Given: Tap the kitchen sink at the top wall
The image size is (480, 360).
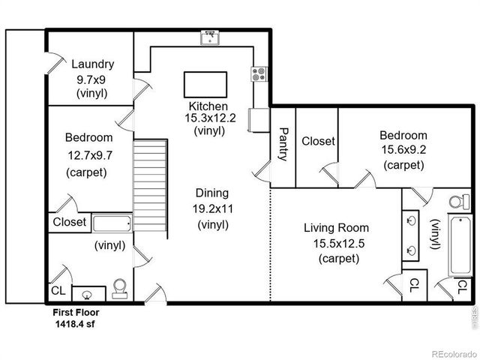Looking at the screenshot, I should coord(210,36).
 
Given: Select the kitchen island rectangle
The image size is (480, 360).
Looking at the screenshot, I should coord(205,81).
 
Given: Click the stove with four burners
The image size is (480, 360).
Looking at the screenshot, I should coord(259,74).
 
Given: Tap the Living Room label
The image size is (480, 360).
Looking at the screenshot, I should coord(335,227).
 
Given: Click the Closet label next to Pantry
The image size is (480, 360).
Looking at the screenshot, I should coord(317,141).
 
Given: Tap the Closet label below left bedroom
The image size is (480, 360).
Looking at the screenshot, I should coord(70,222).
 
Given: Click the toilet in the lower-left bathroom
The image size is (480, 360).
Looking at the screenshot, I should coord(118,288).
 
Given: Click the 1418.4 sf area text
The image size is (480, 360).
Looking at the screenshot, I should coord(75,325).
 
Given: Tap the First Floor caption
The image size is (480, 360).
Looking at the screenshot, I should coord(75,313).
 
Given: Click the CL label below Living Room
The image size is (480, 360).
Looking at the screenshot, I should coord(413,285).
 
